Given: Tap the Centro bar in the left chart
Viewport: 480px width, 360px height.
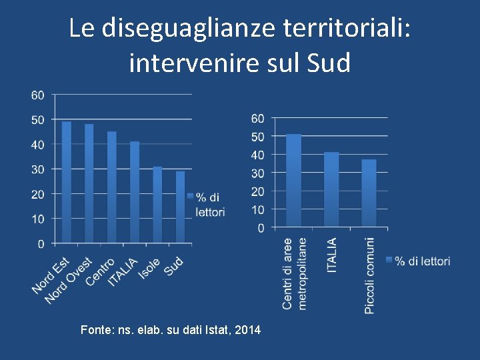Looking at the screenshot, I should (112, 187).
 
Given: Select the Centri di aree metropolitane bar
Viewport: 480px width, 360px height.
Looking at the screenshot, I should (293, 181).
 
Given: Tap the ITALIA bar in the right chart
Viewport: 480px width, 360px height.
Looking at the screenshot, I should (331, 190).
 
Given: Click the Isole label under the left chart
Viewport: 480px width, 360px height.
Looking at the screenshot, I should (149, 268).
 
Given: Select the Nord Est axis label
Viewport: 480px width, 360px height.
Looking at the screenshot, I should (51, 275).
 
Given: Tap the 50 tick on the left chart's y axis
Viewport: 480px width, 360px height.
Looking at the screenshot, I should (38, 120).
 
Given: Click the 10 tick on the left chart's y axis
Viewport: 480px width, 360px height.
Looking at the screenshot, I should (38, 219).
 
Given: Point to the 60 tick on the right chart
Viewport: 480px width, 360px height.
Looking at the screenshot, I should (257, 119).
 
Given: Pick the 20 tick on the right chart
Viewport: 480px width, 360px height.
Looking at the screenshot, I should (257, 191).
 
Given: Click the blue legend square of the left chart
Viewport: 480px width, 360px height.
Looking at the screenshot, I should (190, 197).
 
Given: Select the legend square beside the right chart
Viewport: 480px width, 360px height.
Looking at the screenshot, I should (389, 261).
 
